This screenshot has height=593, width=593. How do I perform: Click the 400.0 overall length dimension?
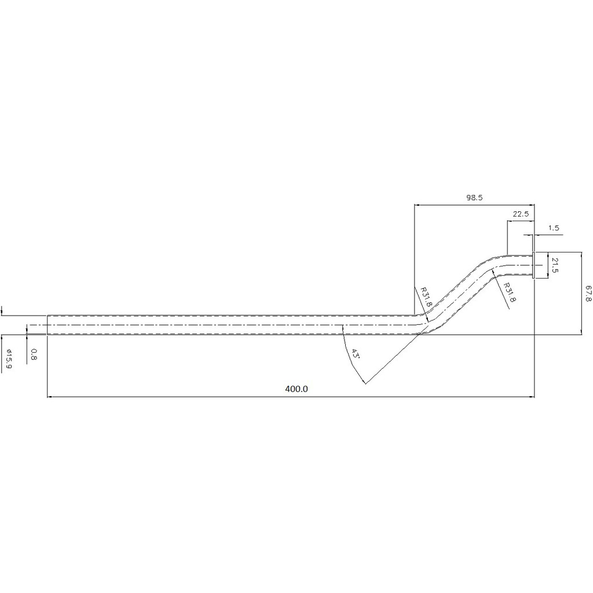click(x=296, y=389)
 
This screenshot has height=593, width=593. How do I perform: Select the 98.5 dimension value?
click(x=474, y=197)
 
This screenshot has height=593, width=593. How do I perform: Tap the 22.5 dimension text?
click(x=521, y=214)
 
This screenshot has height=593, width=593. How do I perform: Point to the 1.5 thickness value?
click(x=553, y=228)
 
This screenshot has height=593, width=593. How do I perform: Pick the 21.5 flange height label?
click(x=555, y=265)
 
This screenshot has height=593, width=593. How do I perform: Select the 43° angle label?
click(x=355, y=354)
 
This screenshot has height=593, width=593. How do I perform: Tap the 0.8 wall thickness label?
click(x=33, y=354)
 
